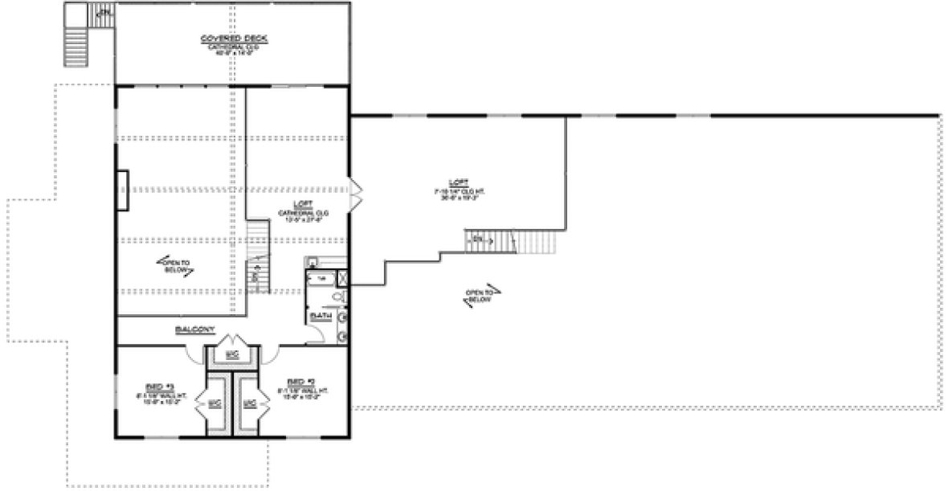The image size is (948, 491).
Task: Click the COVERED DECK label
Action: pyautogui.click(x=234, y=39)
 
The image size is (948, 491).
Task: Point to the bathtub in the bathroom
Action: pyautogui.click(x=321, y=278)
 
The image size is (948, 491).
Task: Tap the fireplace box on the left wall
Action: pyautogui.click(x=122, y=190)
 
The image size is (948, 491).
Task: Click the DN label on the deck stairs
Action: pyautogui.click(x=102, y=13)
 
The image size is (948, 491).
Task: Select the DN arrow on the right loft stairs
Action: pyautogui.click(x=479, y=239)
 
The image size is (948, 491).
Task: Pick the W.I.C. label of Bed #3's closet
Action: pyautogui.click(x=215, y=403)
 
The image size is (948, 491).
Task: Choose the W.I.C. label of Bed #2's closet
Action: pyautogui.click(x=250, y=403)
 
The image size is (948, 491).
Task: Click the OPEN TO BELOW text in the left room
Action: pyautogui.click(x=177, y=266)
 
